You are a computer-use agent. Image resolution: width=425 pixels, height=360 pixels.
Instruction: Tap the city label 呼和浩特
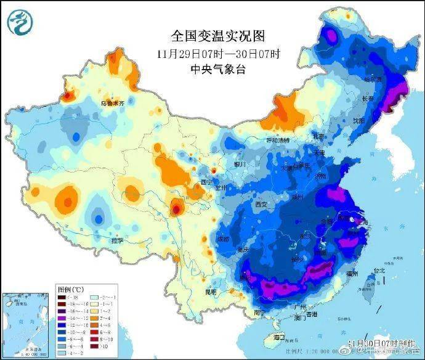277,141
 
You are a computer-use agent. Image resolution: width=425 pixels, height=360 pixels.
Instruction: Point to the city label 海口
278,337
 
